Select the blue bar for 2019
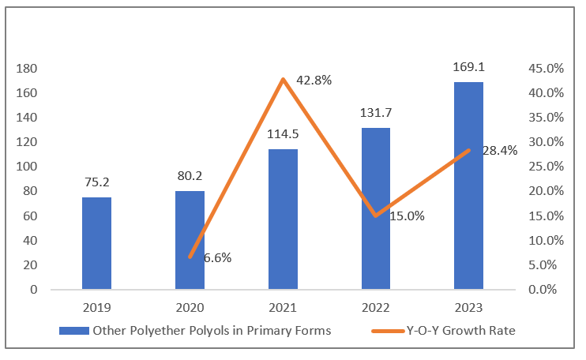coord(96,243)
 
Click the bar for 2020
coord(190,240)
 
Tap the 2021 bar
coord(283,219)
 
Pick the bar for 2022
coord(376,208)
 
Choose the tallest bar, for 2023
coord(468,186)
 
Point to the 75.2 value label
coord(96,183)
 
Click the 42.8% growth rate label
coord(314,81)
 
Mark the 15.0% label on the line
coord(407,216)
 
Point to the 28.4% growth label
coord(499,151)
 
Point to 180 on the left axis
coord(27,69)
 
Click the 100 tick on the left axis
coord(27,167)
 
